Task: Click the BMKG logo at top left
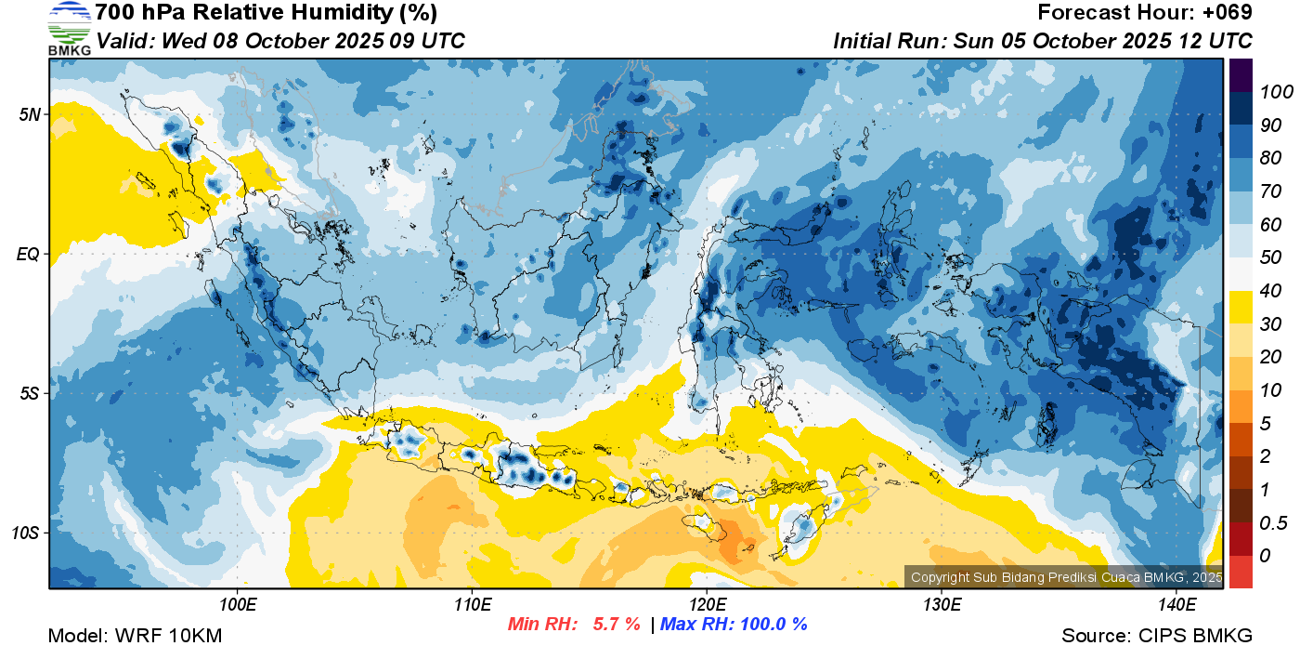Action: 69,28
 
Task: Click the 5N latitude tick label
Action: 30,115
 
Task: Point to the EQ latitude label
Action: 29,255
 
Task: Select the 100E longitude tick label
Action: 238,605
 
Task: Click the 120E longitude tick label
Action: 707,605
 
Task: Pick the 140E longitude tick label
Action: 1176,605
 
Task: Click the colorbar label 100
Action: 1276,92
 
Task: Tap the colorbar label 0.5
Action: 1273,523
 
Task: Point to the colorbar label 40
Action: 1270,291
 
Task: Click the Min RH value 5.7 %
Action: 617,624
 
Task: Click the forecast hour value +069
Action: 1227,12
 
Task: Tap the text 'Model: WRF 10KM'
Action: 135,636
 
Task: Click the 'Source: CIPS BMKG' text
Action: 1157,636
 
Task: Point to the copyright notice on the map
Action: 1066,577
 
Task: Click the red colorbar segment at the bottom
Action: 1241,572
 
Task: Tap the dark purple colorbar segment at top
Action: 1241,75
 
